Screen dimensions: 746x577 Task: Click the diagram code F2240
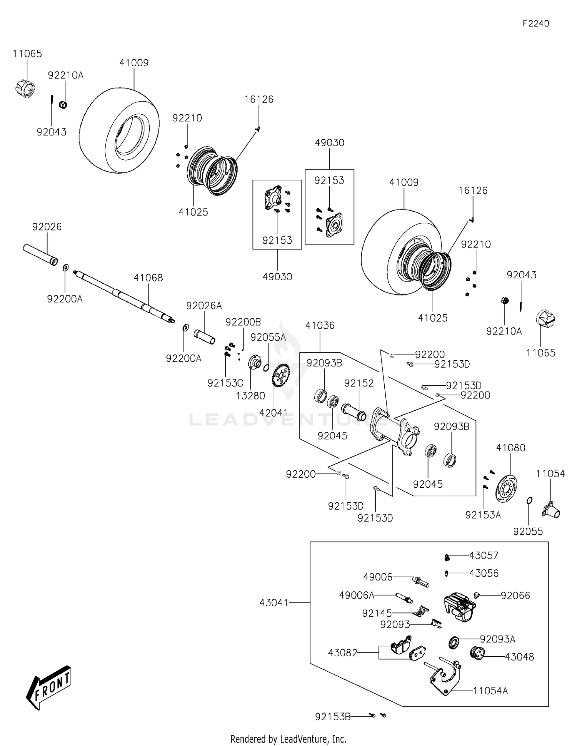click(x=535, y=23)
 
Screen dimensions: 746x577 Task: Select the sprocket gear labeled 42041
click(x=280, y=375)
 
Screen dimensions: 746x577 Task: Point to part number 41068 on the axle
click(x=148, y=278)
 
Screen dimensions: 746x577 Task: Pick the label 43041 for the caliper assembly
click(x=273, y=602)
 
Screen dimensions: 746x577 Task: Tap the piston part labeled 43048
click(x=477, y=653)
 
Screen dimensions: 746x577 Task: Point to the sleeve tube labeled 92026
click(x=40, y=254)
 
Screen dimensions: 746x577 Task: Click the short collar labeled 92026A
click(x=204, y=336)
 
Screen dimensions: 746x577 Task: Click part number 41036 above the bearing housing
click(x=320, y=325)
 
